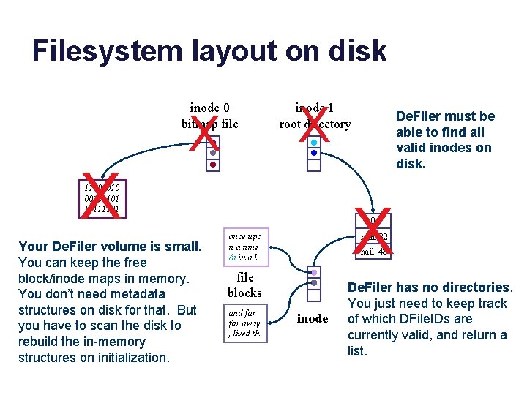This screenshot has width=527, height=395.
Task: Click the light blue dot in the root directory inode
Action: click(x=313, y=142)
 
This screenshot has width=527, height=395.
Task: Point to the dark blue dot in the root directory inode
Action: click(x=313, y=154)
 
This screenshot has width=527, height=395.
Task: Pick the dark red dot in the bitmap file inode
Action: click(x=212, y=165)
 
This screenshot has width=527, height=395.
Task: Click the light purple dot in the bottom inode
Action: click(x=313, y=272)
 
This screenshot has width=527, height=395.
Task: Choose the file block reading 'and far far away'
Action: click(x=244, y=323)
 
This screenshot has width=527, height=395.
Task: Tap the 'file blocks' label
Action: click(x=244, y=285)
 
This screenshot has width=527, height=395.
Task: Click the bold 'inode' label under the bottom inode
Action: click(x=313, y=319)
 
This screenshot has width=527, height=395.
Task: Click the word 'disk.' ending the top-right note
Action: click(x=411, y=164)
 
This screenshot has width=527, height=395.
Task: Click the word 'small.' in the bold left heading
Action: click(x=182, y=247)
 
